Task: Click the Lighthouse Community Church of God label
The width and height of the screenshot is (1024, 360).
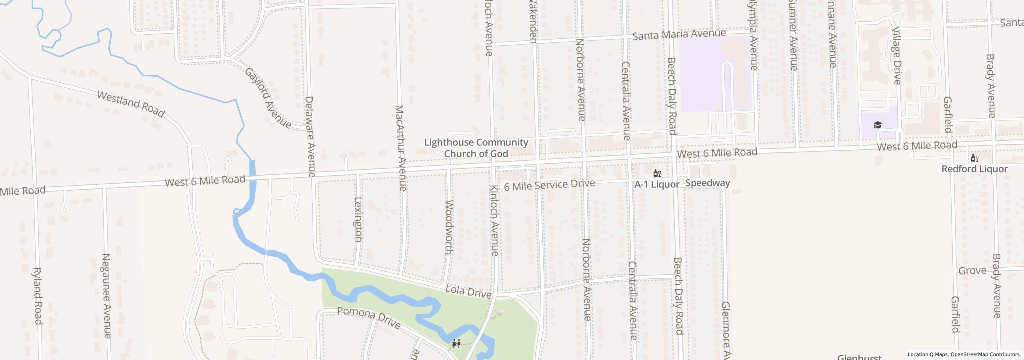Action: pyautogui.click(x=476, y=148)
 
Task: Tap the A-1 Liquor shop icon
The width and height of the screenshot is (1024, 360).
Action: pyautogui.click(x=656, y=173)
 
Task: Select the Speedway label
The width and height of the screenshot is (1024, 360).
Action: pyautogui.click(x=708, y=183)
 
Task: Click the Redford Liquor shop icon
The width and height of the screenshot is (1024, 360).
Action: pyautogui.click(x=974, y=158)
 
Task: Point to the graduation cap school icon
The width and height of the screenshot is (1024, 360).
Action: pyautogui.click(x=878, y=125)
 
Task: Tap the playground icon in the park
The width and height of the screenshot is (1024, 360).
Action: pyautogui.click(x=456, y=343)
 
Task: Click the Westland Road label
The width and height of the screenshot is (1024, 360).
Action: pyautogui.click(x=131, y=104)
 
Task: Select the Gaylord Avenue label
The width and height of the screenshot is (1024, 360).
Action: pyautogui.click(x=268, y=98)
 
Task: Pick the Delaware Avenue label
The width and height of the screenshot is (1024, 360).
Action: pyautogui.click(x=310, y=136)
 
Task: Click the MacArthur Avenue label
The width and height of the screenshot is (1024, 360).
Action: pyautogui.click(x=401, y=148)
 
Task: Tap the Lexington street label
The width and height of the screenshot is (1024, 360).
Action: pyautogui.click(x=358, y=219)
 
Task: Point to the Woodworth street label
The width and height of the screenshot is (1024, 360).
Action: pyautogui.click(x=449, y=227)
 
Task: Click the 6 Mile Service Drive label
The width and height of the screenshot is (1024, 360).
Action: pyautogui.click(x=549, y=185)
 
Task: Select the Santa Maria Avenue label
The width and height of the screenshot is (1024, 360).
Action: pyautogui.click(x=679, y=34)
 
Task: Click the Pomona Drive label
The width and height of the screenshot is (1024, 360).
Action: pyautogui.click(x=368, y=318)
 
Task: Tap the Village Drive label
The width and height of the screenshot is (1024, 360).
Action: pyautogui.click(x=896, y=56)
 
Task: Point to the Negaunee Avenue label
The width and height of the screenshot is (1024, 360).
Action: pyautogui.click(x=106, y=296)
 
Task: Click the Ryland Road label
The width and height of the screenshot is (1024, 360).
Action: pyautogui.click(x=37, y=296)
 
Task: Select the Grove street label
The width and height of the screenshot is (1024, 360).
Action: pyautogui.click(x=972, y=271)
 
